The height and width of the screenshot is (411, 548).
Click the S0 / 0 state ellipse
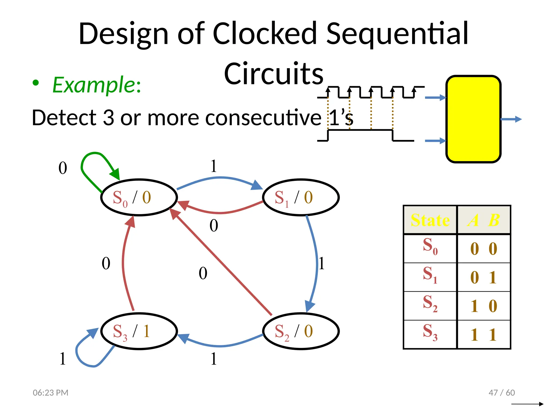(x=139, y=197)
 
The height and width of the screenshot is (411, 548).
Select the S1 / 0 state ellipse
(x=301, y=197)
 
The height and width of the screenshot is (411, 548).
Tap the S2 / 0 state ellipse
(x=301, y=331)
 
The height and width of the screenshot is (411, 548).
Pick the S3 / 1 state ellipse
(x=139, y=331)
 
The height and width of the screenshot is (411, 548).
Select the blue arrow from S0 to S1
(x=219, y=178)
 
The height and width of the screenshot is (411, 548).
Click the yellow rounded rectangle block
(x=473, y=119)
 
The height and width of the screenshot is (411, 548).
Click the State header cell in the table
(x=430, y=220)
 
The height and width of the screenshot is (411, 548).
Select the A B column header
(x=484, y=220)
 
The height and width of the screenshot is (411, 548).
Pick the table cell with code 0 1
(x=484, y=277)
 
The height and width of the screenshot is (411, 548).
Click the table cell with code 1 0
(x=484, y=306)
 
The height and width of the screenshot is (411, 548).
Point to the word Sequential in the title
(x=397, y=33)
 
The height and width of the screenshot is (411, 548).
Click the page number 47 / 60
(x=501, y=393)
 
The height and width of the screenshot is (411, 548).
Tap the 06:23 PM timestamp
(x=51, y=393)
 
